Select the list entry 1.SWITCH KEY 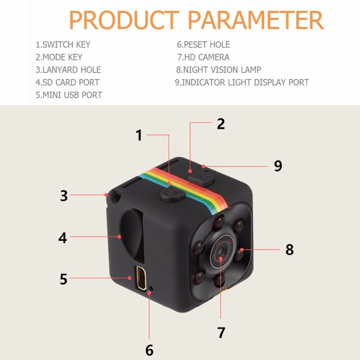[x=63, y=45]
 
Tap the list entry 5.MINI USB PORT [x=69, y=95]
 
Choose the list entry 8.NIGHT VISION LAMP [x=219, y=69]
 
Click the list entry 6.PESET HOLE [x=203, y=45]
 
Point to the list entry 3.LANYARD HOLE [x=68, y=69]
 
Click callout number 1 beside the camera [x=139, y=136]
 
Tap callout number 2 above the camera [x=221, y=123]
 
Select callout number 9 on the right [x=278, y=166]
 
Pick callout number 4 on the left [x=63, y=238]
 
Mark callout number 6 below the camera [x=149, y=350]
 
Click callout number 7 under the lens [x=221, y=332]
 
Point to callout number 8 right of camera [x=289, y=249]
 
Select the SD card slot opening [x=131, y=234]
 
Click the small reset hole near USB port [x=151, y=288]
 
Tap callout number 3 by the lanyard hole [x=63, y=195]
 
